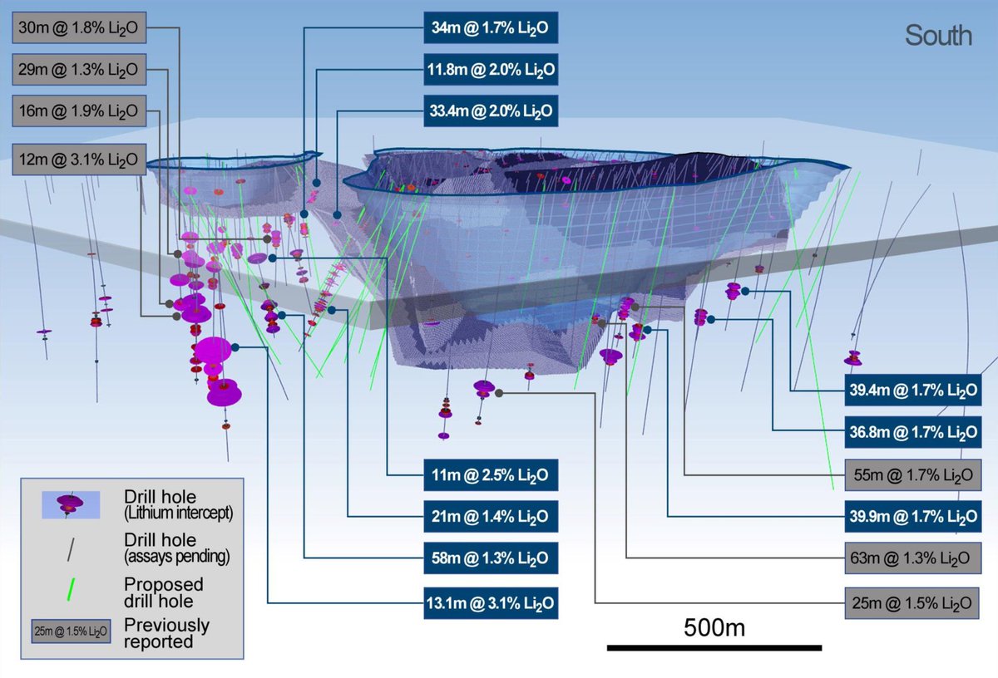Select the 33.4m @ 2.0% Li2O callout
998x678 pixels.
tap(489, 111)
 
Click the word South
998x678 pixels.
tap(938, 36)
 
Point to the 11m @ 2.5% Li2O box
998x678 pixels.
tap(489, 476)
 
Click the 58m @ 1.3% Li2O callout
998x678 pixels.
tap(489, 558)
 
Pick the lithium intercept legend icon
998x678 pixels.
tap(71, 504)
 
